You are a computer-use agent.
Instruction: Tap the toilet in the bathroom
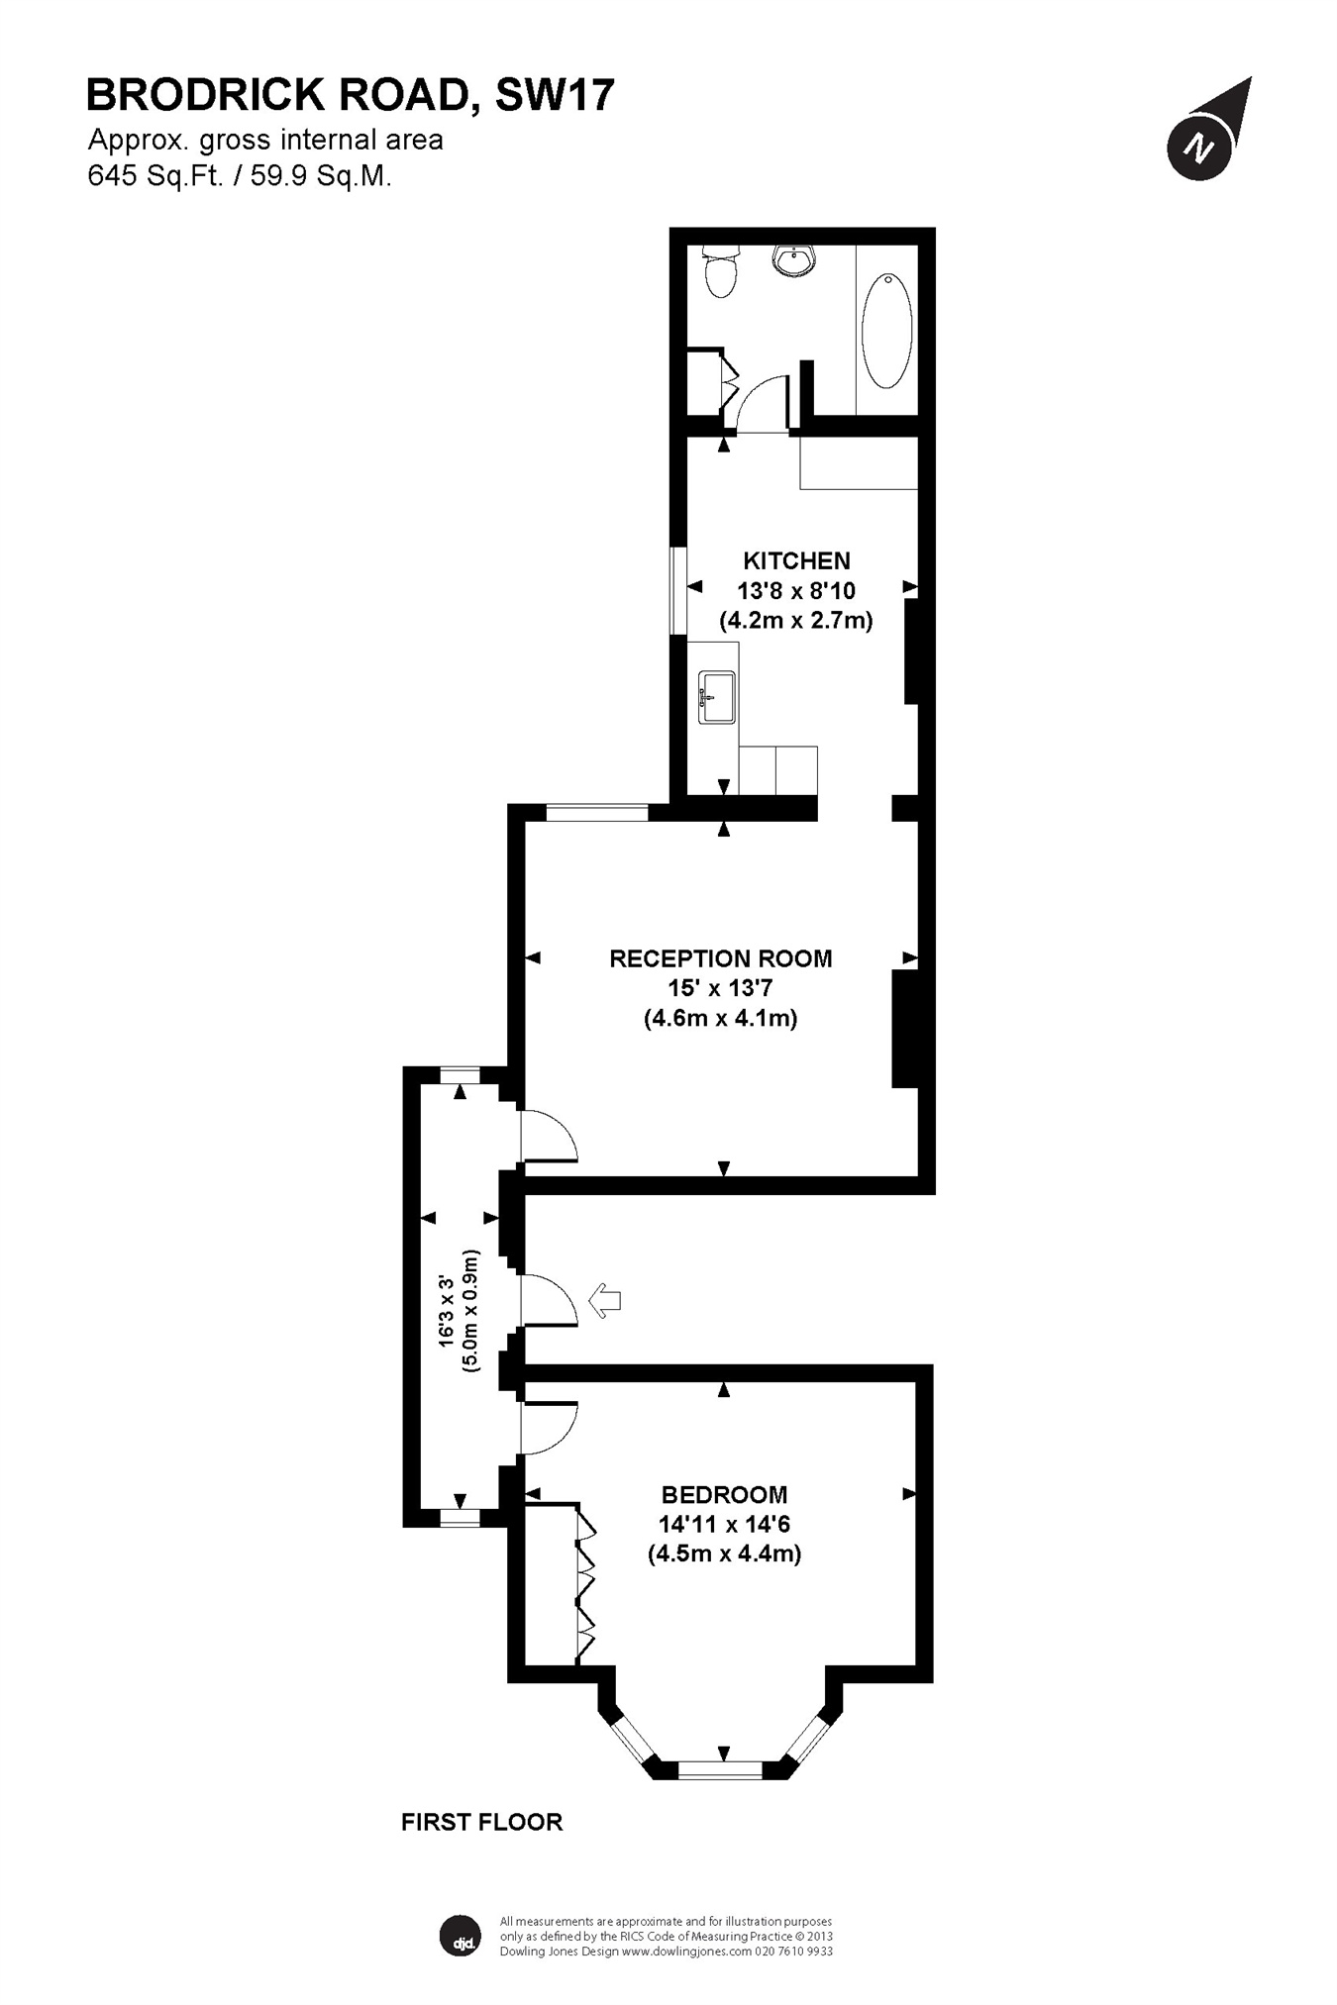click(x=720, y=272)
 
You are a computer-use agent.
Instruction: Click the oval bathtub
click(x=886, y=331)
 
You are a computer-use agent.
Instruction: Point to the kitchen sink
click(x=716, y=697)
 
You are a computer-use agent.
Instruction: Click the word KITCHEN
click(x=796, y=561)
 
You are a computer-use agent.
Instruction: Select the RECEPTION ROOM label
click(x=720, y=958)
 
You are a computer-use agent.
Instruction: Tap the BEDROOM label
click(x=724, y=1494)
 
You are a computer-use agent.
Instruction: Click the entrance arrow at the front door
click(x=604, y=1300)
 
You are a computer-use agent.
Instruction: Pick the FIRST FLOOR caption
click(x=481, y=1822)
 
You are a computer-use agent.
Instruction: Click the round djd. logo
click(x=461, y=1937)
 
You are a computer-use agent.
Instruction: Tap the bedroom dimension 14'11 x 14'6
click(x=724, y=1524)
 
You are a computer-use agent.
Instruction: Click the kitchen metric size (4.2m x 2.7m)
click(x=795, y=621)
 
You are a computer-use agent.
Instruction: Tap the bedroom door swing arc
click(x=547, y=1429)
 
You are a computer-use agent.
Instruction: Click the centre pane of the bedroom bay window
click(x=720, y=1769)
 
